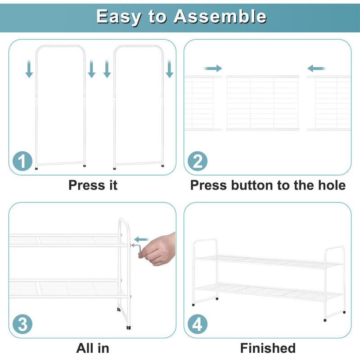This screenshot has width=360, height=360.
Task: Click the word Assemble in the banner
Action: [220, 16]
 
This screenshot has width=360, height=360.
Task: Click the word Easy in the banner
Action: [119, 17]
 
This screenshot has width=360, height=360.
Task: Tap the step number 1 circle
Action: [22, 161]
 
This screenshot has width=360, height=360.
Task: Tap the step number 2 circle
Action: [198, 161]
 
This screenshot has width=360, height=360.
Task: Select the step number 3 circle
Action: [22, 324]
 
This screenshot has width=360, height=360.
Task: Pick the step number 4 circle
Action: [198, 324]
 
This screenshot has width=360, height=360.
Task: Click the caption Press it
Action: [93, 185]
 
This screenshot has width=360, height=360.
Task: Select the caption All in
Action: [93, 348]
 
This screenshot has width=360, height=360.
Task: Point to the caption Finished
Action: [268, 348]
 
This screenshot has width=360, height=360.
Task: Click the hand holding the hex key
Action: [158, 250]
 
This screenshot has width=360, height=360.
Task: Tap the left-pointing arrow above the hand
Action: [141, 240]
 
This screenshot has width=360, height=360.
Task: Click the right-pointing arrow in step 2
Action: [213, 68]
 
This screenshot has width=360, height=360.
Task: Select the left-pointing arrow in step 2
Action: [316, 68]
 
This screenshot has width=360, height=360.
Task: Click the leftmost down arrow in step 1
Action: [29, 69]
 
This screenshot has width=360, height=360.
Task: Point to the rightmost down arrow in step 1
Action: [170, 69]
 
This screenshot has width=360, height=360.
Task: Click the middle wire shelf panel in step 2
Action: [262, 103]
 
